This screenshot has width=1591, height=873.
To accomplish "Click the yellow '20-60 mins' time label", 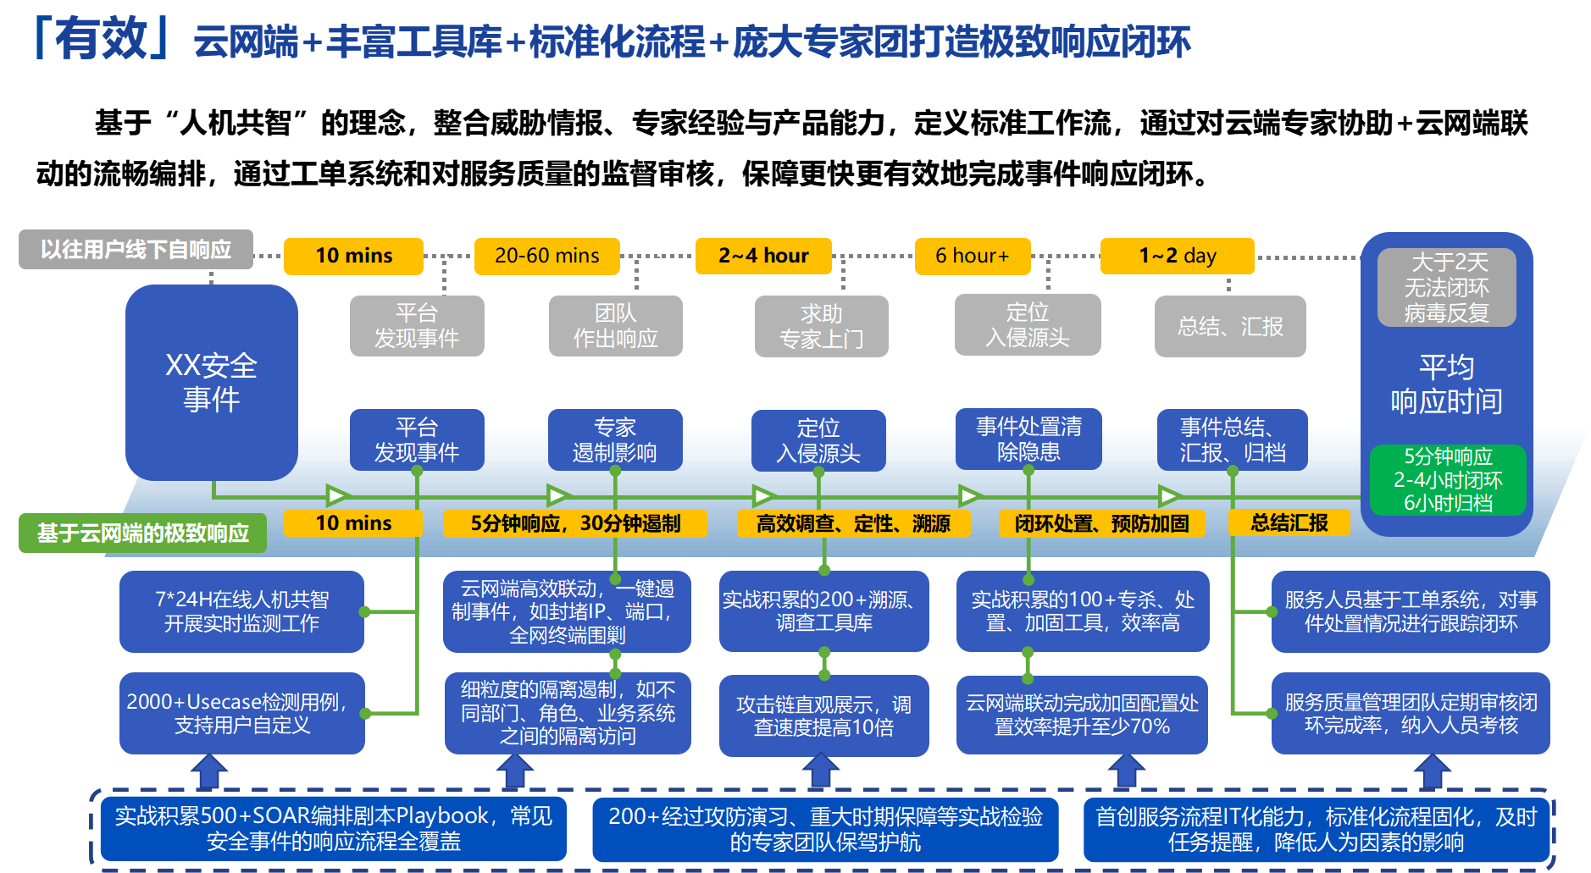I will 546,256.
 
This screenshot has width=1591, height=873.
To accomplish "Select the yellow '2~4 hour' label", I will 763,256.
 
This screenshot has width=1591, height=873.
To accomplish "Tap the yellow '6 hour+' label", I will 973,256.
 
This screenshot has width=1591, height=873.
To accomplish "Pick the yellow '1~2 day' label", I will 1177,256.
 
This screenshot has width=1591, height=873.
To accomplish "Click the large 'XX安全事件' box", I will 212,382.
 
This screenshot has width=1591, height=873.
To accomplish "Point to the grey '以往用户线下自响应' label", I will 136,249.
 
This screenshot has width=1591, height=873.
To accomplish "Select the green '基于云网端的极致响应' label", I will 142,533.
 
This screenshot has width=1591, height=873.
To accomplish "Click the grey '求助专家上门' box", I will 821,326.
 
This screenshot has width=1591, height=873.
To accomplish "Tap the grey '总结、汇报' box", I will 1230,326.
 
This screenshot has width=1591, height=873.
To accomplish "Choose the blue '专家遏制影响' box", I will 615,439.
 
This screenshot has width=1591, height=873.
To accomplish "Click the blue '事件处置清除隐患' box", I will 1028,439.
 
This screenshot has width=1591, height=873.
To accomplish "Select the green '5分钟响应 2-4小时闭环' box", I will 1448,480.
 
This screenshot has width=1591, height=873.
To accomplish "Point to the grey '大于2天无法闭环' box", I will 1446,287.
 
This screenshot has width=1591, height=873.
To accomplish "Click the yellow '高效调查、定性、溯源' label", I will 853,524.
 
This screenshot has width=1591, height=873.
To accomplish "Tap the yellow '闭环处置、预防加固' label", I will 1101,524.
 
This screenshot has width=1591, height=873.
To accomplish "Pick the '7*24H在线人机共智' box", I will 241,611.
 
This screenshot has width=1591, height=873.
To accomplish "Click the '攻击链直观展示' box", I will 823,716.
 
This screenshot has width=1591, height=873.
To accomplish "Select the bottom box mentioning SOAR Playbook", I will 333,828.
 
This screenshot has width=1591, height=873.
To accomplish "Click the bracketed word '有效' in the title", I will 102,39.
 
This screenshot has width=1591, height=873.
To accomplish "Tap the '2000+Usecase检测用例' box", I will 241,713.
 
